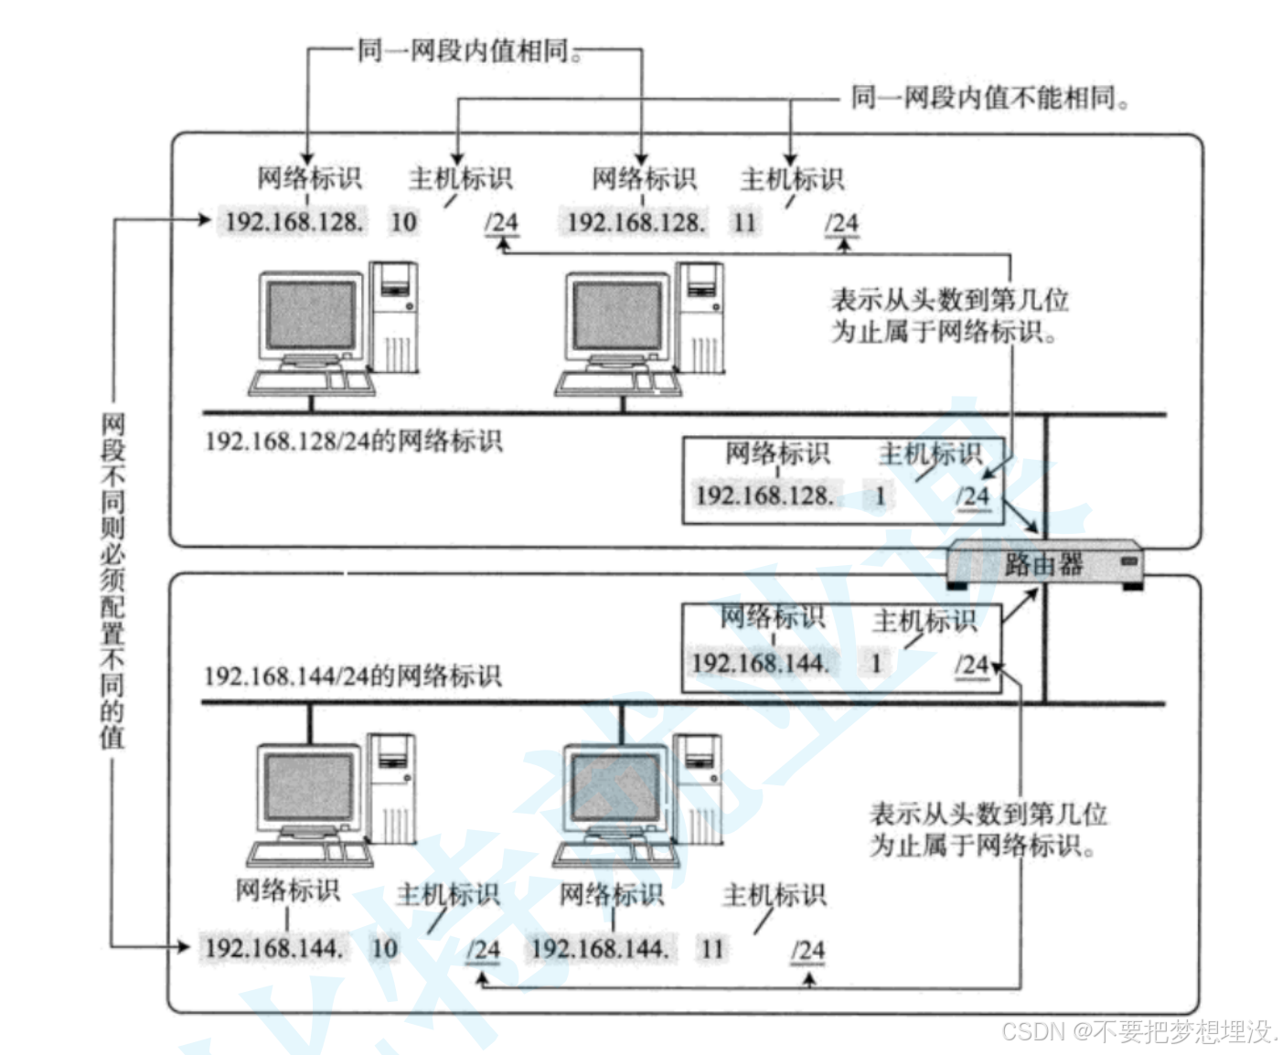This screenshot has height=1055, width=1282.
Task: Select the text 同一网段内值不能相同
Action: [989, 98]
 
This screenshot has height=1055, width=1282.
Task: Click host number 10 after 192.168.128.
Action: [403, 222]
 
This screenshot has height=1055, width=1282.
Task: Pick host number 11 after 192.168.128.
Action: [744, 223]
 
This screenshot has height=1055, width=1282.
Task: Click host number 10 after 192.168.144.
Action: [384, 948]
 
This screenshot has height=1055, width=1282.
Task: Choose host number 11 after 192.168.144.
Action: [711, 949]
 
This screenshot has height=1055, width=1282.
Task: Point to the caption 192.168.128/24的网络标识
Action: [354, 442]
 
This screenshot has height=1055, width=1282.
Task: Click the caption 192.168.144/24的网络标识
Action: [353, 676]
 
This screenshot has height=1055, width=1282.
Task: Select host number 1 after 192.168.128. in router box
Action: [879, 496]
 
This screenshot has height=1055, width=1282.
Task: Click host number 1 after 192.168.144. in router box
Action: [875, 663]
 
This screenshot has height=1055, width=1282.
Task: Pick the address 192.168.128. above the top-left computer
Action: [294, 222]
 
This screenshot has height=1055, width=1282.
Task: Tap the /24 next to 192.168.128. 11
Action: [842, 224]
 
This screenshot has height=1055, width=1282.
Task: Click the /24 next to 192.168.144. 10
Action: [483, 950]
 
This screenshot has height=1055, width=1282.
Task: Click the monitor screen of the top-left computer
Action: [311, 314]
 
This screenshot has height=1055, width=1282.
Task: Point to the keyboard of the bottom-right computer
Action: [615, 854]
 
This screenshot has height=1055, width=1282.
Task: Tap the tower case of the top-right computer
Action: [700, 317]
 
